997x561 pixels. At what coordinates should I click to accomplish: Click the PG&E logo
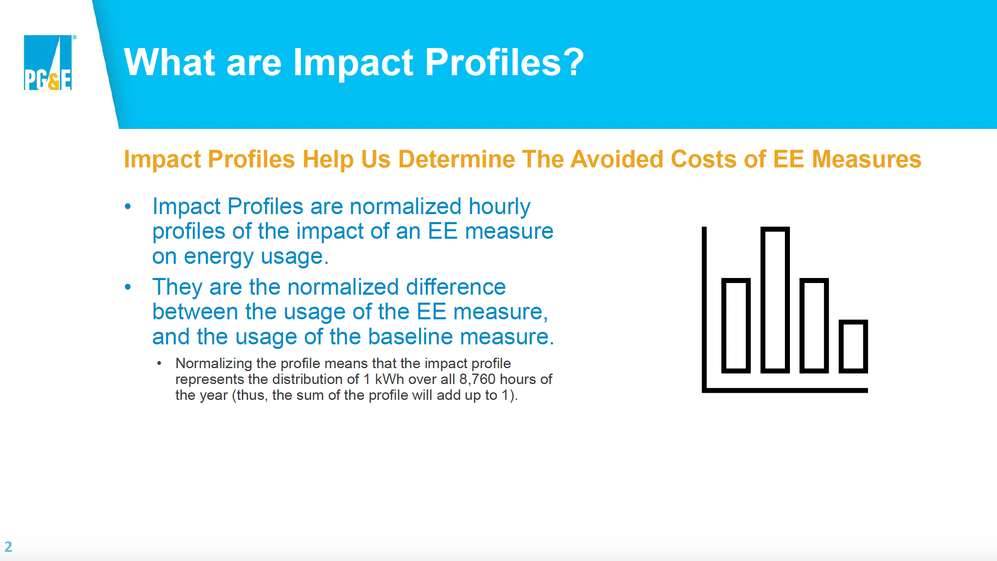pyautogui.click(x=48, y=63)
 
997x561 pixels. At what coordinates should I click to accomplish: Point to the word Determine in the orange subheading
pyautogui.click(x=457, y=159)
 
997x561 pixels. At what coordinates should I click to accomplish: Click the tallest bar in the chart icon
pyautogui.click(x=775, y=300)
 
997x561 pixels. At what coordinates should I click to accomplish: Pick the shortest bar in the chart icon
pyautogui.click(x=853, y=346)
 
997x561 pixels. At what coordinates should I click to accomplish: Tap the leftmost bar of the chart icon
pyautogui.click(x=736, y=326)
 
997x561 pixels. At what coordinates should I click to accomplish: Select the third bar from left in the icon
pyautogui.click(x=814, y=326)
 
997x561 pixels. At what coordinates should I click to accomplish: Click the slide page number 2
pyautogui.click(x=8, y=546)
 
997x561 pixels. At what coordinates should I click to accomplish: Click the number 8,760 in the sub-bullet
pyautogui.click(x=477, y=379)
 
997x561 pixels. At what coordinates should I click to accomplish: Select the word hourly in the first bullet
pyautogui.click(x=499, y=207)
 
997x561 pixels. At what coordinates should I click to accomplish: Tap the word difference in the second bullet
pyautogui.click(x=456, y=287)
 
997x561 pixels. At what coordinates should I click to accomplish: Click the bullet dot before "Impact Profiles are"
pyautogui.click(x=128, y=206)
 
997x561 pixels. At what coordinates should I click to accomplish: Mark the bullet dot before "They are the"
pyautogui.click(x=128, y=287)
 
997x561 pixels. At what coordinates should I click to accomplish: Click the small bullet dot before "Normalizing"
pyautogui.click(x=159, y=364)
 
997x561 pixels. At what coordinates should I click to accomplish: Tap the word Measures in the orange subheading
pyautogui.click(x=866, y=159)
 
